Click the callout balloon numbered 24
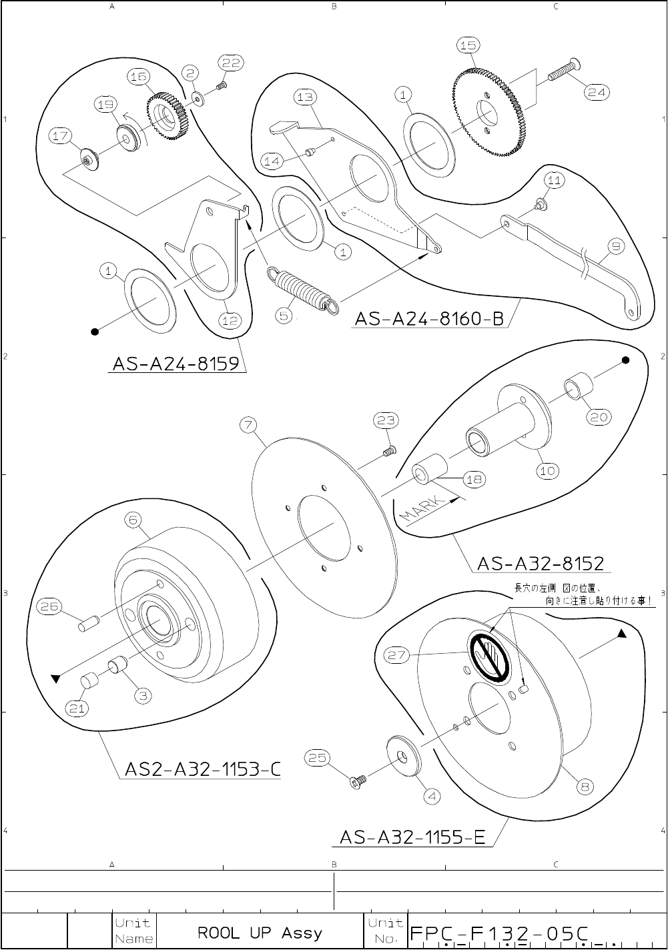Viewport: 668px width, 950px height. coord(597,93)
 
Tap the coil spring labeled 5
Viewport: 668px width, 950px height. coord(301,288)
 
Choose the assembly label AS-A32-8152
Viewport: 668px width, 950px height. coord(541,564)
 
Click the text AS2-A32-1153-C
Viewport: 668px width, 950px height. coord(202,771)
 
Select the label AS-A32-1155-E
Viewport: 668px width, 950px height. coord(412,837)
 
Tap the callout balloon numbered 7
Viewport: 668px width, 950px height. coord(250,426)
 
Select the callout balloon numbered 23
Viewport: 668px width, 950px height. coord(386,420)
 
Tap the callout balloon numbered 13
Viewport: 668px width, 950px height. coord(304,97)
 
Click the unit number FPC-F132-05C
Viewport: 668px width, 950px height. coord(500,933)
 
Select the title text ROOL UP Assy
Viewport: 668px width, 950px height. coord(260,933)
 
